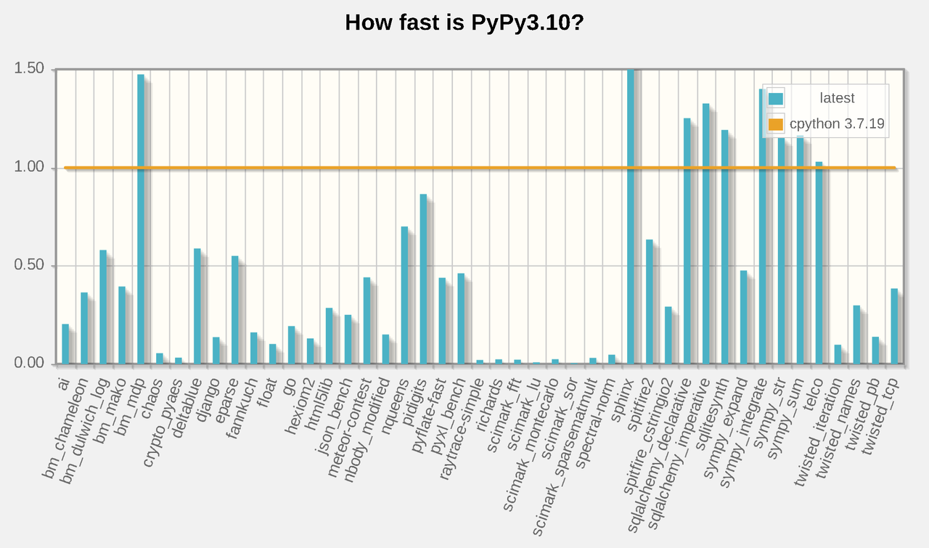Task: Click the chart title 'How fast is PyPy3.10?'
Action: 464,23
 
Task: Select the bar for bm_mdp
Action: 141,218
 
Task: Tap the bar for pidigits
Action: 423,279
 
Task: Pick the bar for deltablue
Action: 197,306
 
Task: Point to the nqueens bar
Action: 404,295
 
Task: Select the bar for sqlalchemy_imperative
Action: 706,233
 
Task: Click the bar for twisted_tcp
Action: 894,326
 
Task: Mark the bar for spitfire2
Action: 650,301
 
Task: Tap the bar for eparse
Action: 235,309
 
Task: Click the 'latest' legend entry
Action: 837,98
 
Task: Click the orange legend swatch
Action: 776,124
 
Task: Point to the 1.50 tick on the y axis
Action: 30,69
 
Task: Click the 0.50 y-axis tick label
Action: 30,266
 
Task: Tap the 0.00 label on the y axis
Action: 30,363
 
